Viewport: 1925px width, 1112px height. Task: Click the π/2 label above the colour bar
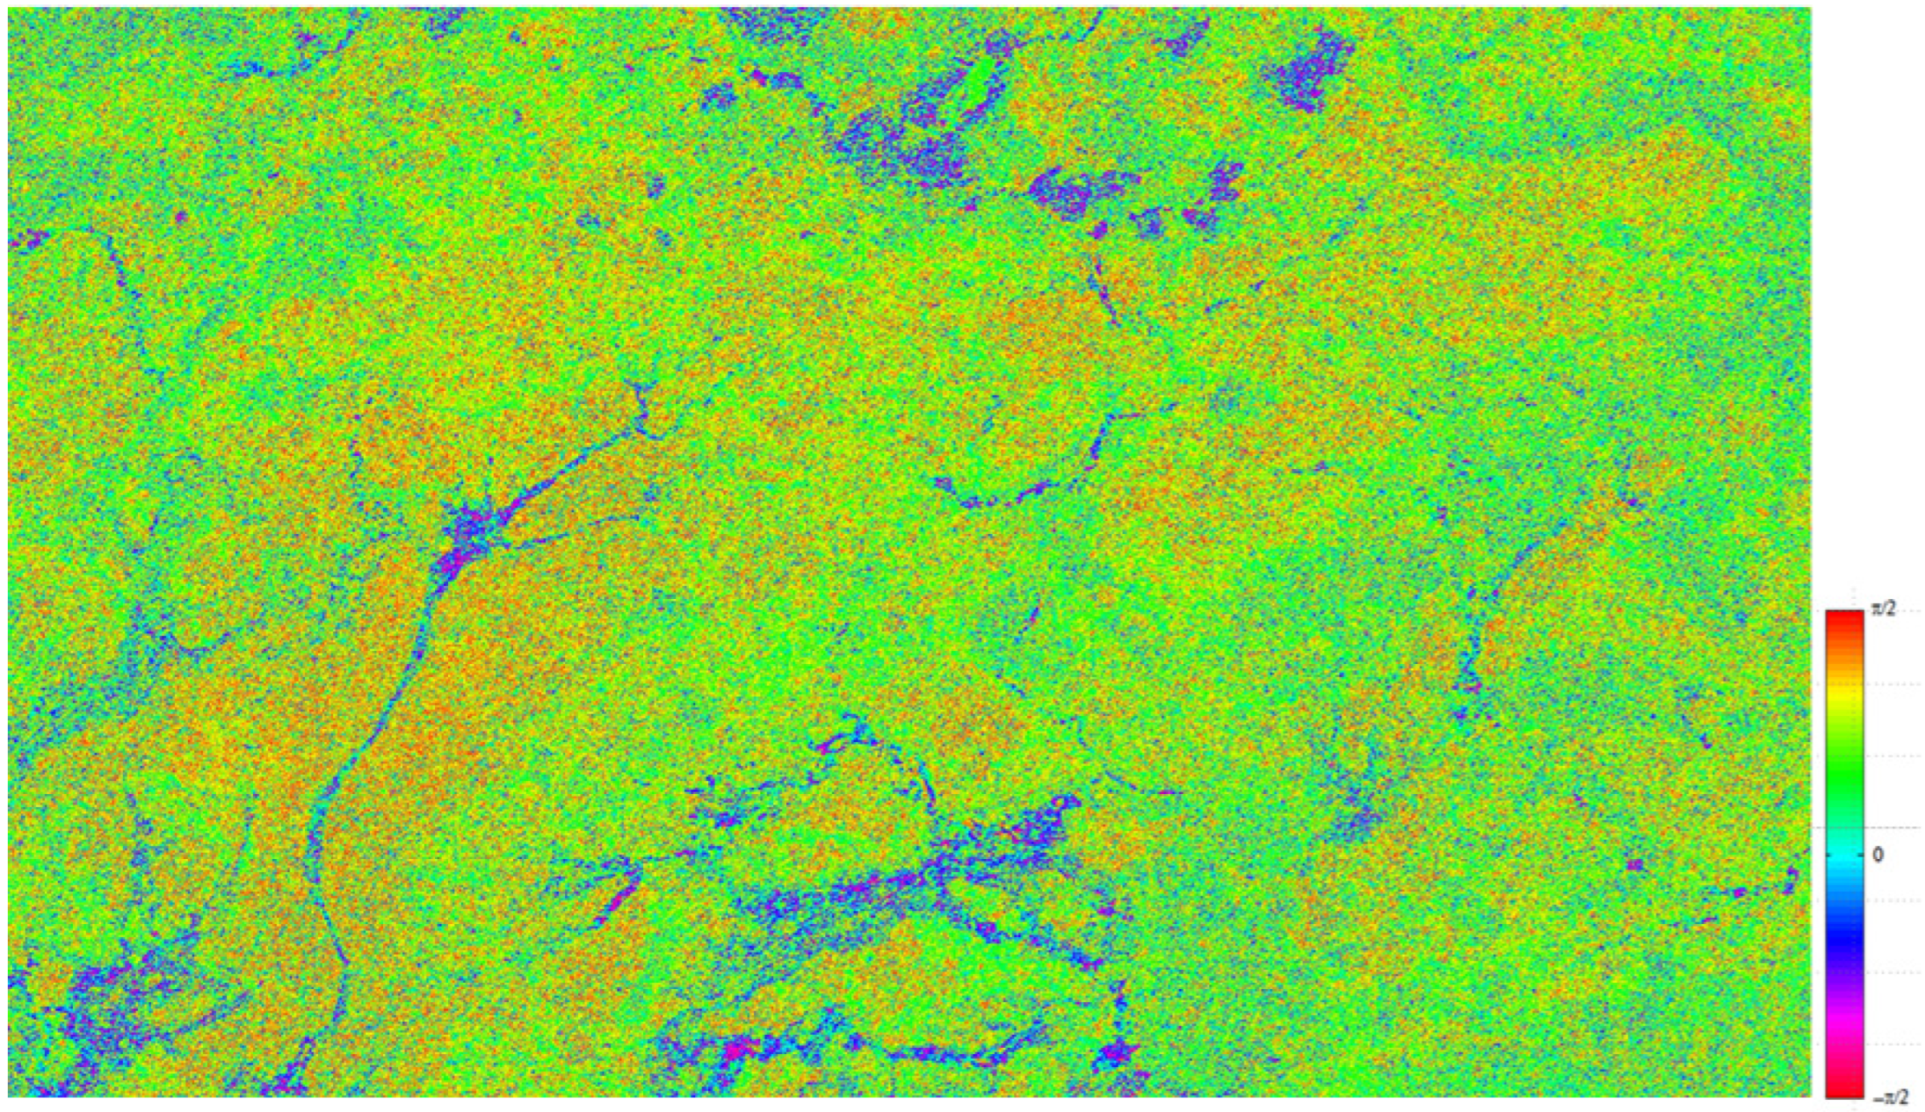point(1884,609)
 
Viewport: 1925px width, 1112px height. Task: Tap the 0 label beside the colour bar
point(1878,855)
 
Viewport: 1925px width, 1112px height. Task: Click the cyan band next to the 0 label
point(1845,855)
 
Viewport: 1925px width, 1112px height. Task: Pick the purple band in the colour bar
point(1845,988)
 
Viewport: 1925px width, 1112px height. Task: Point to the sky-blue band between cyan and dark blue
point(1845,891)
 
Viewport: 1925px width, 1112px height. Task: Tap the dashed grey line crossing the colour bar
point(1894,827)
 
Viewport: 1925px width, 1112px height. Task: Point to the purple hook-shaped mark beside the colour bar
point(1789,879)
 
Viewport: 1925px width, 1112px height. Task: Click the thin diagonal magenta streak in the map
point(618,895)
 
